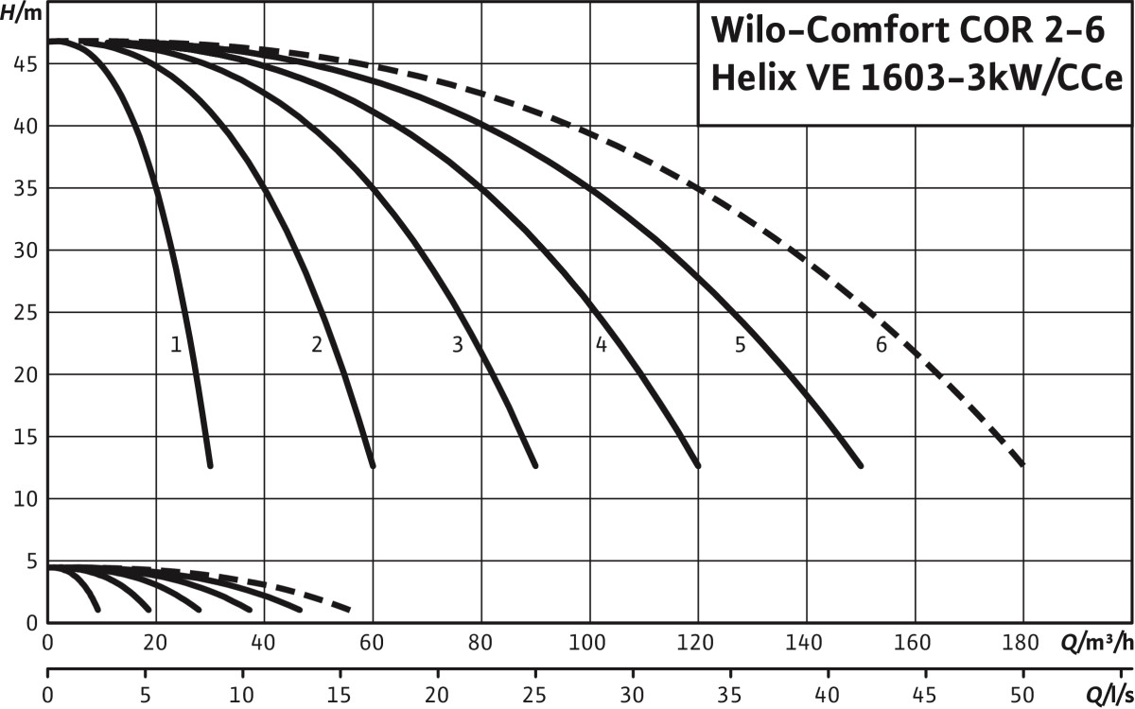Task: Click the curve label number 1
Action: coord(176,345)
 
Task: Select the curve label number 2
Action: coord(317,345)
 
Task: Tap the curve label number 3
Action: coord(458,345)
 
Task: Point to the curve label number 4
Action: coord(601,345)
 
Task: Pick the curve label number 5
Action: coord(740,345)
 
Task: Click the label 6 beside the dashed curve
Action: coord(881,345)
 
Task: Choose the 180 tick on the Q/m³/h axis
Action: coord(1023,645)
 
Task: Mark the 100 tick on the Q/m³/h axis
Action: coord(590,645)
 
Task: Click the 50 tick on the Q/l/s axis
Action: coord(1023,696)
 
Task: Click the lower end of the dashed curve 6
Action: coord(1022,465)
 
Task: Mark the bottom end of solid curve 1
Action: coord(209,465)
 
